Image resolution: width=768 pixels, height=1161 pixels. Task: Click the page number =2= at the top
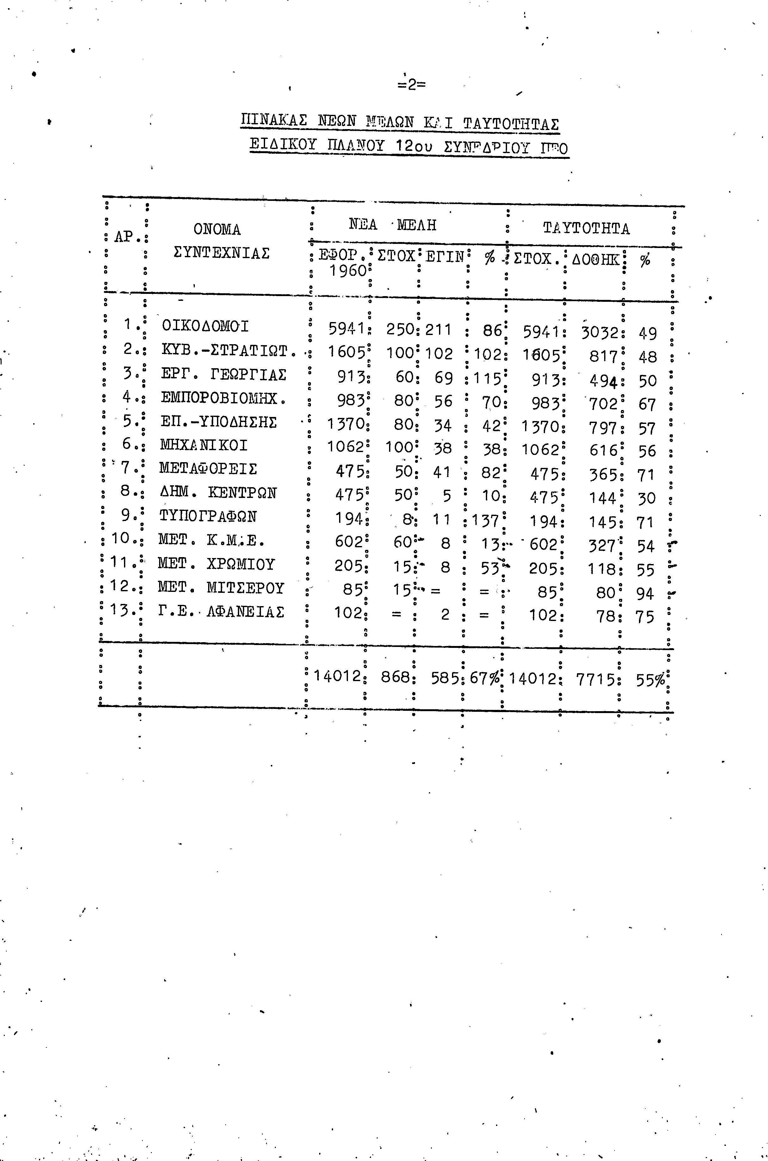pyautogui.click(x=412, y=85)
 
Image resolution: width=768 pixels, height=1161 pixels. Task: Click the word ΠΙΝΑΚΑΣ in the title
pyautogui.click(x=274, y=121)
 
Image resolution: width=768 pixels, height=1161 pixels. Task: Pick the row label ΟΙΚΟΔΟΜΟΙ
pyautogui.click(x=205, y=326)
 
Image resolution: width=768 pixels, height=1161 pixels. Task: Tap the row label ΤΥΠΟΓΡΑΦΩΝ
pyautogui.click(x=208, y=516)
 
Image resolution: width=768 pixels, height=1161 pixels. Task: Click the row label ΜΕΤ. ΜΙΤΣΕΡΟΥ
pyautogui.click(x=221, y=587)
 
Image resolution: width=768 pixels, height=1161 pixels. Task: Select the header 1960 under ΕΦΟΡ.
pyautogui.click(x=347, y=270)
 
